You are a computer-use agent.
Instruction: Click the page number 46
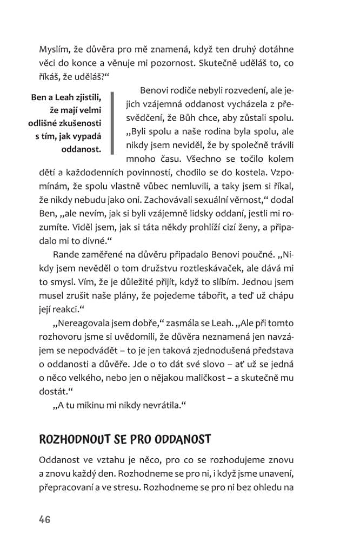[44, 519]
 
